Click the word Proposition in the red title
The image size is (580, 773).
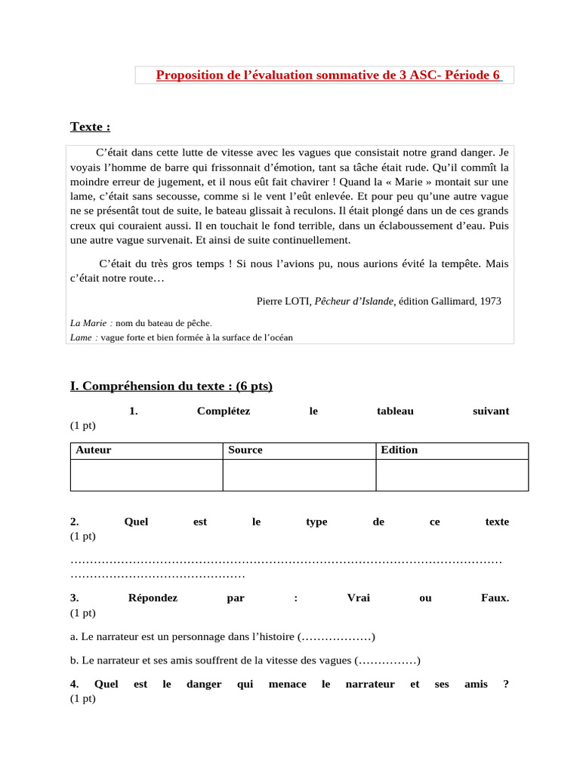click(x=192, y=75)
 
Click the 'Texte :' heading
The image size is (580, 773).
click(x=90, y=126)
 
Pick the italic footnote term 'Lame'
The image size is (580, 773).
click(x=81, y=337)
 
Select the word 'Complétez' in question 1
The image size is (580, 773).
click(x=223, y=411)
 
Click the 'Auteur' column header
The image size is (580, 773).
click(x=94, y=450)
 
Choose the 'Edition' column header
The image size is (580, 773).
click(x=399, y=450)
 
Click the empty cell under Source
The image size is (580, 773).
click(x=299, y=475)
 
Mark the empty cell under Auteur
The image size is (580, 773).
click(x=146, y=475)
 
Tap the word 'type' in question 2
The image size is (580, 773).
click(x=316, y=522)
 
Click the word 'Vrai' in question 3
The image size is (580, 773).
click(x=358, y=598)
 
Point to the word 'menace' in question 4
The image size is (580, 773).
click(x=288, y=684)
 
